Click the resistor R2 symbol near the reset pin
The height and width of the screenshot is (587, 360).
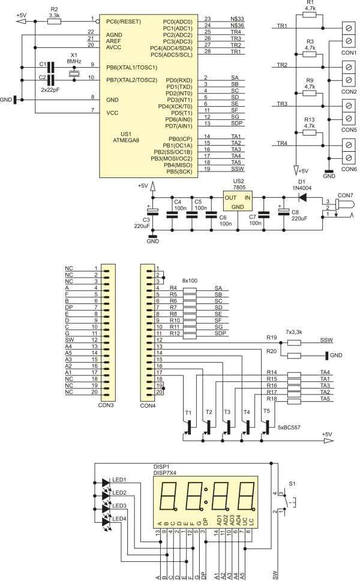[x=54, y=20]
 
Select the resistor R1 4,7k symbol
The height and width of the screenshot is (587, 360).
[x=310, y=15]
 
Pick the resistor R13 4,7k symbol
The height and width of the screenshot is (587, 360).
[x=310, y=133]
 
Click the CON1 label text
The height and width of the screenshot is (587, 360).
[x=350, y=52]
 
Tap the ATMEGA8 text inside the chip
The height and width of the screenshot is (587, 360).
[x=134, y=141]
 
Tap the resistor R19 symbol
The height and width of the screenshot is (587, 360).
[x=294, y=343]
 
